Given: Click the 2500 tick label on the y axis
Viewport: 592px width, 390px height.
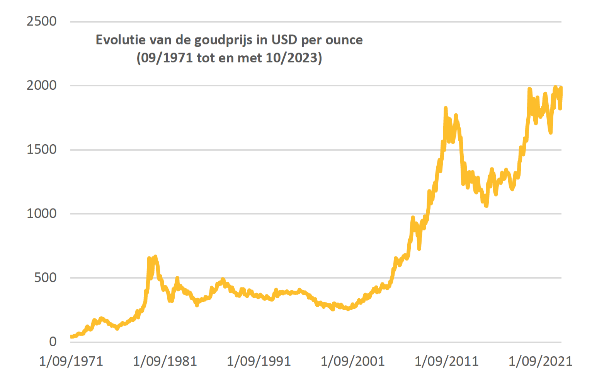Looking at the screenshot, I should click(41, 21).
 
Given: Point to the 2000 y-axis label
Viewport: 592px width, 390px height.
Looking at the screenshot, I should click(41, 86).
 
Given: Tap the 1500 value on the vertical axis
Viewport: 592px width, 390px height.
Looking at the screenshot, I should click(41, 150).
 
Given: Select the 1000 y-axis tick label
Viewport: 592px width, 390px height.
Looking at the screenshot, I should click(41, 214).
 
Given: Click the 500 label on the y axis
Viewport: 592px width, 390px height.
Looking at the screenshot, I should click(45, 278).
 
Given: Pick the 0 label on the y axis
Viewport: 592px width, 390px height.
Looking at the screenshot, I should click(53, 342).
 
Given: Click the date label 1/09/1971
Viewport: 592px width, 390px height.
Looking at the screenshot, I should click(71, 361).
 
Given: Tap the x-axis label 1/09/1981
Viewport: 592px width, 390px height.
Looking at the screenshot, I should click(165, 361).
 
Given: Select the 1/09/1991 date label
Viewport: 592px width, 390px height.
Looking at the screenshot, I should click(259, 361).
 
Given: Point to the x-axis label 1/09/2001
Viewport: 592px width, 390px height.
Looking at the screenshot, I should click(353, 361).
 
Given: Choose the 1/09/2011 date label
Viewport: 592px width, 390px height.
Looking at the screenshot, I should click(447, 361).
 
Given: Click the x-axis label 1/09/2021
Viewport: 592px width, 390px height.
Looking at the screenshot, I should click(541, 361).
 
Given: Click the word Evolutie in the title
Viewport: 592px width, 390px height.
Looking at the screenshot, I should click(119, 40).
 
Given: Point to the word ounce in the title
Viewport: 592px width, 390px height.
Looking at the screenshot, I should click(344, 40).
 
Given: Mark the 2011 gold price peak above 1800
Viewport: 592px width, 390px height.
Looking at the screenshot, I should click(446, 108).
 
